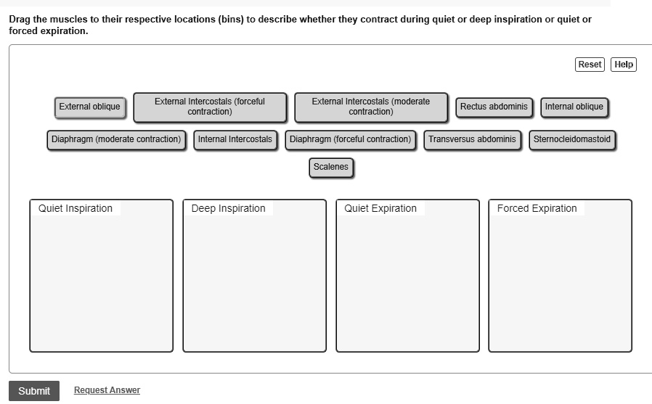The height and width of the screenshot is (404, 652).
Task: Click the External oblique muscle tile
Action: click(x=89, y=107)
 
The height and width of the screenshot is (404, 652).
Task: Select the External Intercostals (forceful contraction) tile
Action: click(x=210, y=107)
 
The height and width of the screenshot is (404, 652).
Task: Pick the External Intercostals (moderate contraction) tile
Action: click(x=370, y=107)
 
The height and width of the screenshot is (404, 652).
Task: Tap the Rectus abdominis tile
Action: click(x=494, y=107)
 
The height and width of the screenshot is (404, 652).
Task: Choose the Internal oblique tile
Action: click(x=574, y=107)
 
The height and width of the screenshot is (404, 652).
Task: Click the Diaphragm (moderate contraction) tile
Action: click(x=116, y=139)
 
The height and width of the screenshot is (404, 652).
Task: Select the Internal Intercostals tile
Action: click(x=235, y=139)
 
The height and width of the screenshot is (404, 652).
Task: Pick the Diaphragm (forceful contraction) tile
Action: click(x=350, y=139)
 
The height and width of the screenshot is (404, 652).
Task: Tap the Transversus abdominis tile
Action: click(x=472, y=139)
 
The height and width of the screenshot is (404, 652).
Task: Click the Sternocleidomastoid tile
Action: click(x=571, y=139)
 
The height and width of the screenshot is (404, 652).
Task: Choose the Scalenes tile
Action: click(x=330, y=168)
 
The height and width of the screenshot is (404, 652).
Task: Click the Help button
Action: click(x=623, y=65)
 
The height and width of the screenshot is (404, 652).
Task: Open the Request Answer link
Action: click(x=107, y=390)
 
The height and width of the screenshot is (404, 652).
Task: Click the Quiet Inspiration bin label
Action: click(x=76, y=209)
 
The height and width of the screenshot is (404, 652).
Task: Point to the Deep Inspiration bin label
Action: click(x=228, y=209)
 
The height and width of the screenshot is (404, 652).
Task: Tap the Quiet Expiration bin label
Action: click(x=380, y=209)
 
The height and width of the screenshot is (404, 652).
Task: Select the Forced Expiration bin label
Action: click(x=537, y=209)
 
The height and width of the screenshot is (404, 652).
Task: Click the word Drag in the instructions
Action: click(x=20, y=20)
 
